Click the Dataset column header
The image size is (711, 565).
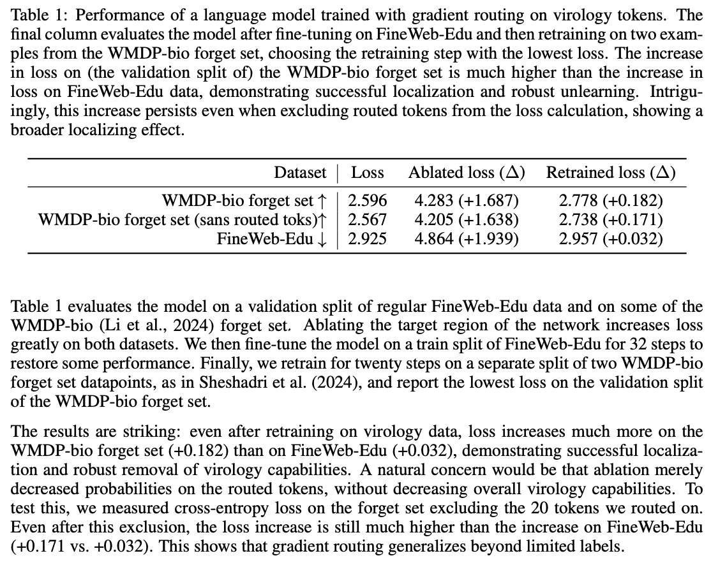click(x=300, y=172)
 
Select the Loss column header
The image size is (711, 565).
click(x=368, y=172)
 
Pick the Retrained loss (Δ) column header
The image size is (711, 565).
click(x=611, y=172)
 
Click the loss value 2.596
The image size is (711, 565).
click(x=368, y=202)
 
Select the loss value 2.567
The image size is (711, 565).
click(x=368, y=220)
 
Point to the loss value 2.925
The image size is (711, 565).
click(x=368, y=238)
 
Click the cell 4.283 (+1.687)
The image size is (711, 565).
click(x=467, y=202)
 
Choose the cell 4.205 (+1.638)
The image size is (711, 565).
click(x=467, y=220)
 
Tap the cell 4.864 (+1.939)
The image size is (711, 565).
click(x=467, y=238)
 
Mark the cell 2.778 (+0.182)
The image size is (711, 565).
click(x=611, y=202)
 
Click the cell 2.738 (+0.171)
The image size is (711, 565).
click(x=611, y=220)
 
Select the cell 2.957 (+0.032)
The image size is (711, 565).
click(x=611, y=238)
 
